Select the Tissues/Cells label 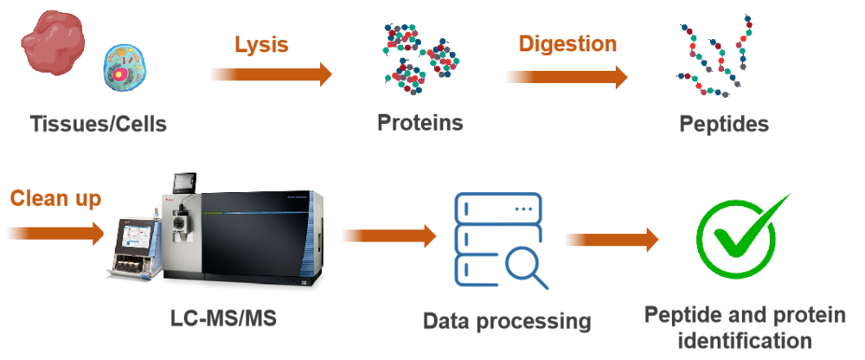[x=98, y=125]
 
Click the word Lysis [x=261, y=44]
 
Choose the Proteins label [x=420, y=123]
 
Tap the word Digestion [x=567, y=43]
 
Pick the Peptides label [x=724, y=125]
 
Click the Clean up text [x=56, y=198]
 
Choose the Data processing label [x=507, y=322]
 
